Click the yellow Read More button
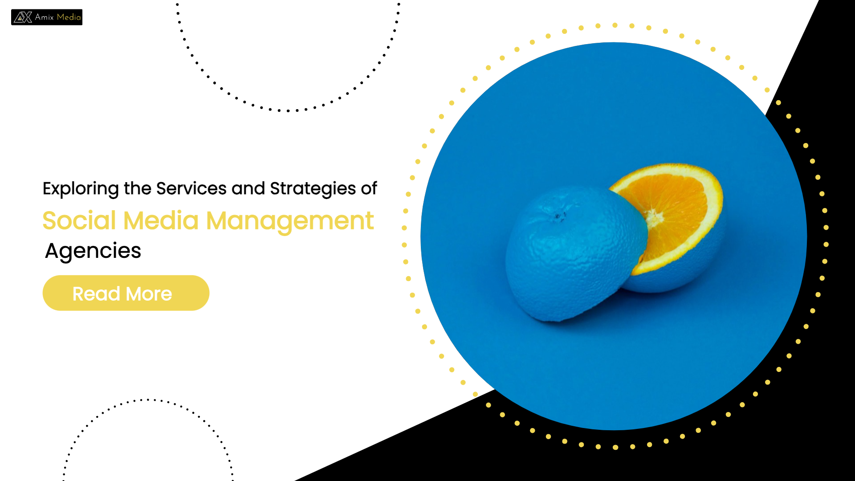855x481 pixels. point(126,293)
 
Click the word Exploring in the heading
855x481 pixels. point(81,189)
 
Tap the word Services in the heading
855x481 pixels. point(191,188)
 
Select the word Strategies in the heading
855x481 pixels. point(313,189)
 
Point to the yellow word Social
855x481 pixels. point(80,220)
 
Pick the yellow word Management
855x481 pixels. point(290,221)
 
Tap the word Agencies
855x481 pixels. point(93,251)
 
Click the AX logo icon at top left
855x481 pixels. point(23,17)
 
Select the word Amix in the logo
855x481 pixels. point(45,17)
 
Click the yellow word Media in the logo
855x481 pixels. point(69,17)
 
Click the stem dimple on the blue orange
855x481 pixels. point(558,216)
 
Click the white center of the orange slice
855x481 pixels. point(653,218)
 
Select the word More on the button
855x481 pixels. point(149,294)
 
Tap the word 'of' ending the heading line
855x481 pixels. point(369,188)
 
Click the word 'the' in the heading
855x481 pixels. point(138,188)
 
